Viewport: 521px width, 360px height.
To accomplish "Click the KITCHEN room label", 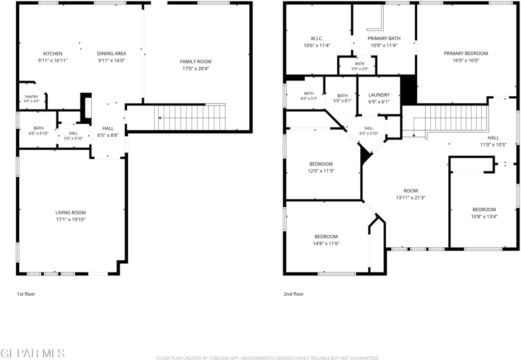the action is pos(52,53).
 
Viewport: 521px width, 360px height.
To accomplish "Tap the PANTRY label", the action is pos(32,97).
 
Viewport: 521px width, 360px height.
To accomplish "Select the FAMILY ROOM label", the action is pos(196,62).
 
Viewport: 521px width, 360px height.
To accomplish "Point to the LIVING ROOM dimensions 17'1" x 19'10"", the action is pos(70,219).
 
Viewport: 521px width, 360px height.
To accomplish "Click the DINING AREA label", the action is pos(111,53).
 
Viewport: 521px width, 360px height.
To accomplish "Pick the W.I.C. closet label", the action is pos(317,39).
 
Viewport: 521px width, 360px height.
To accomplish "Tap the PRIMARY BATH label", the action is pos(384,39).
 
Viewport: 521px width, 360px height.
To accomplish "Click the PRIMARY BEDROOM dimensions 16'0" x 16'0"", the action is pos(466,61).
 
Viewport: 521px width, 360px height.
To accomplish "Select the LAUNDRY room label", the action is pos(379,95).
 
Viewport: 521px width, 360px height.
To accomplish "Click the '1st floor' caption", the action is pos(26,294).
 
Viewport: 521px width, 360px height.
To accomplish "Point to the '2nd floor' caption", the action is pos(294,294).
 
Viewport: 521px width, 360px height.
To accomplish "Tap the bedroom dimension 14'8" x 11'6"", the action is pos(326,243).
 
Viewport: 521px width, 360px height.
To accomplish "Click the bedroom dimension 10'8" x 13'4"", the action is pos(484,216).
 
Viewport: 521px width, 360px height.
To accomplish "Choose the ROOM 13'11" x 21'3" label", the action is pos(411,194).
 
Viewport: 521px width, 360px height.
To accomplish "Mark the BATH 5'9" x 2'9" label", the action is pos(360,66).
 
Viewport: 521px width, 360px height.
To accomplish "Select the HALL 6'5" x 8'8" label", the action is pos(108,132).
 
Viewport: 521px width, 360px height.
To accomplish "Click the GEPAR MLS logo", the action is pos(33,353).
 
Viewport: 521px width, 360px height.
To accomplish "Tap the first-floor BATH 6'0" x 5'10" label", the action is pos(39,131).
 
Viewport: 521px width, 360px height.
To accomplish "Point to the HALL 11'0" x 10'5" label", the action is pos(494,141).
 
